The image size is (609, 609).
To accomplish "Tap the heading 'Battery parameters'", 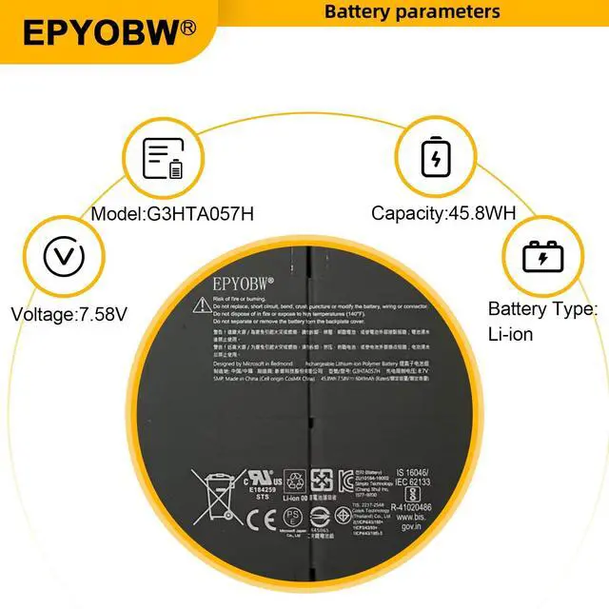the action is tap(412, 11).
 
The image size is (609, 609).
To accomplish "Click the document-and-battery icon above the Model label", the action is tap(163, 158).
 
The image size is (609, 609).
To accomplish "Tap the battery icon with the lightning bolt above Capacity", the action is tap(436, 158).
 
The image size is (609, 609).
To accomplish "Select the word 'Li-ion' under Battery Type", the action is tap(511, 334).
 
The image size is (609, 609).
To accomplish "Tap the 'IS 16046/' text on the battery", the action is tap(412, 470).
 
